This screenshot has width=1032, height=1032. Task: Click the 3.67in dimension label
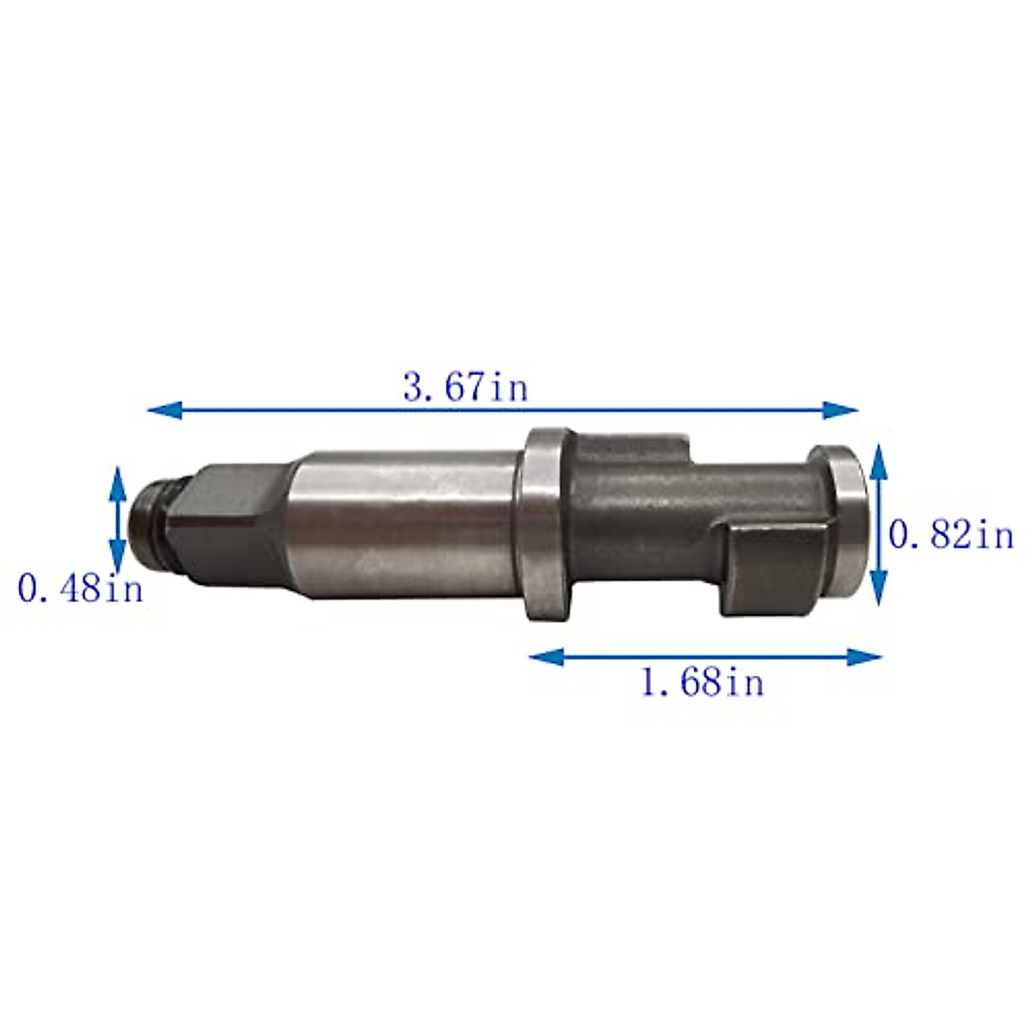tap(465, 387)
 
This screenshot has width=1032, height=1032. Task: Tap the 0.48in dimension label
tap(80, 590)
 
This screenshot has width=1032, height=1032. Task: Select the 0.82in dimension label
tap(950, 536)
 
